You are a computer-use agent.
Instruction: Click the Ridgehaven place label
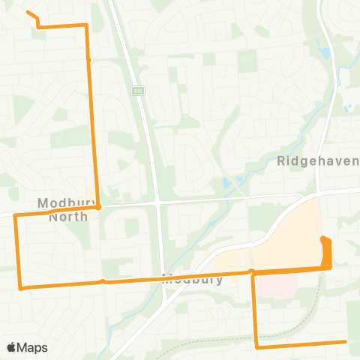[318, 160]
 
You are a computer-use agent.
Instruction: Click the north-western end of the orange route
[28, 12]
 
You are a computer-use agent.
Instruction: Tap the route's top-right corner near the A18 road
[86, 25]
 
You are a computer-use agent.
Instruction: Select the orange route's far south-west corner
[20, 287]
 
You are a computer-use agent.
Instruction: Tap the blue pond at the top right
[324, 54]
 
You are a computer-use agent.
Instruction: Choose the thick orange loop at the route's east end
[326, 251]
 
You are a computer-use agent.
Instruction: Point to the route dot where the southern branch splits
[252, 272]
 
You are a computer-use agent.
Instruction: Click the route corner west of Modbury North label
[15, 215]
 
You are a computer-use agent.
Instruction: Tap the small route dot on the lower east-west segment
[103, 282]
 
